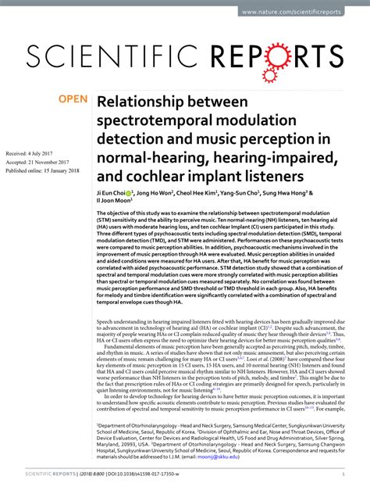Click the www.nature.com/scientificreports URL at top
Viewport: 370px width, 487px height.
click(302, 13)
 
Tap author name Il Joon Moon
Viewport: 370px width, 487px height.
click(114, 200)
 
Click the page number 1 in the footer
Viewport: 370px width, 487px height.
click(343, 474)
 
